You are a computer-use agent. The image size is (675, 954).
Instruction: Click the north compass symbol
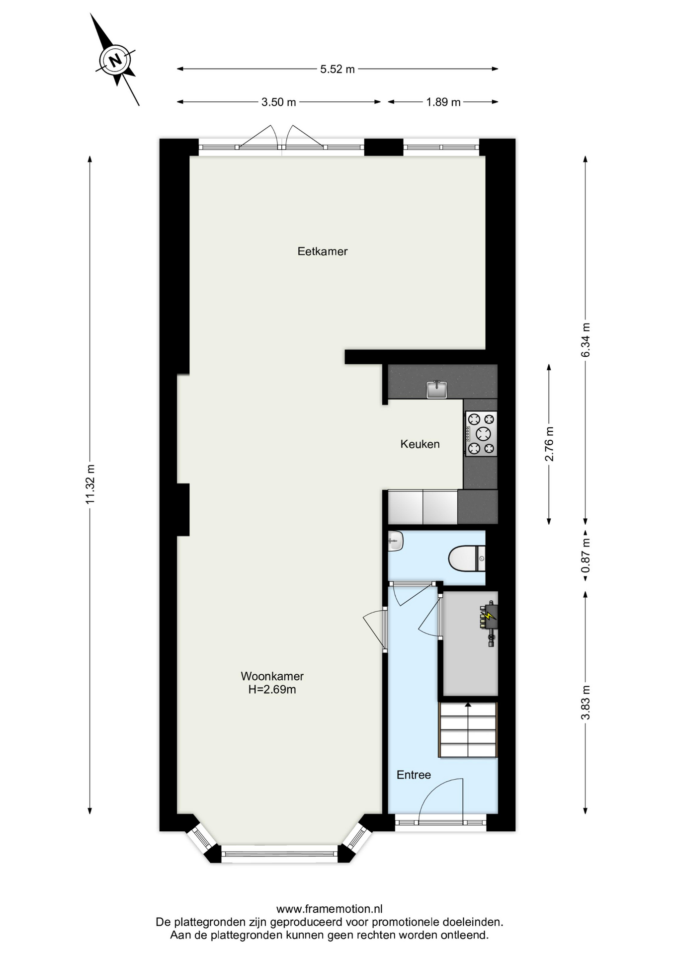[x=115, y=60]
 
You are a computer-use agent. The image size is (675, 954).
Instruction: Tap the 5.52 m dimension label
[x=337, y=69]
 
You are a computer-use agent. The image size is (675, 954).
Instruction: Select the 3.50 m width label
[x=279, y=102]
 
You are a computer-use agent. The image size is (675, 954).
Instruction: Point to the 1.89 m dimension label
[x=443, y=102]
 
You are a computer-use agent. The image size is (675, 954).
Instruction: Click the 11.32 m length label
[x=90, y=484]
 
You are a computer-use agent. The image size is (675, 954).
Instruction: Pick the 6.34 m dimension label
[x=586, y=340]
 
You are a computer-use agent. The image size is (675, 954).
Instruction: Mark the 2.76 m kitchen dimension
[x=549, y=444]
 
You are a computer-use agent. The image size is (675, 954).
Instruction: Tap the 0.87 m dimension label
[x=586, y=556]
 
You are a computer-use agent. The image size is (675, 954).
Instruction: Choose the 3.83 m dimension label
[x=586, y=702]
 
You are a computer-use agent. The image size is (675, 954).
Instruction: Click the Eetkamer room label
[x=323, y=251]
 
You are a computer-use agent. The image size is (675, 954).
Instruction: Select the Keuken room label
[x=420, y=444]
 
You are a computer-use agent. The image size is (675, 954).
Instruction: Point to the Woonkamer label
[x=272, y=676]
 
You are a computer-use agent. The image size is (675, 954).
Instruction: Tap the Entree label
[x=414, y=775]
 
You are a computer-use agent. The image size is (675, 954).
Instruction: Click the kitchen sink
[x=437, y=390]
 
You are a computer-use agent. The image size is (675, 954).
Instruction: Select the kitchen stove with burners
[x=481, y=433]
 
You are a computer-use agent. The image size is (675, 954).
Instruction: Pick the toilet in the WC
[x=467, y=558]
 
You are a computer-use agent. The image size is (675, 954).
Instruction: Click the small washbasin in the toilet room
[x=395, y=541]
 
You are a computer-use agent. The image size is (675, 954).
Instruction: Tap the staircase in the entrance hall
[x=468, y=729]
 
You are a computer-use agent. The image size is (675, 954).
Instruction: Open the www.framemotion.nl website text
[x=330, y=909]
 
